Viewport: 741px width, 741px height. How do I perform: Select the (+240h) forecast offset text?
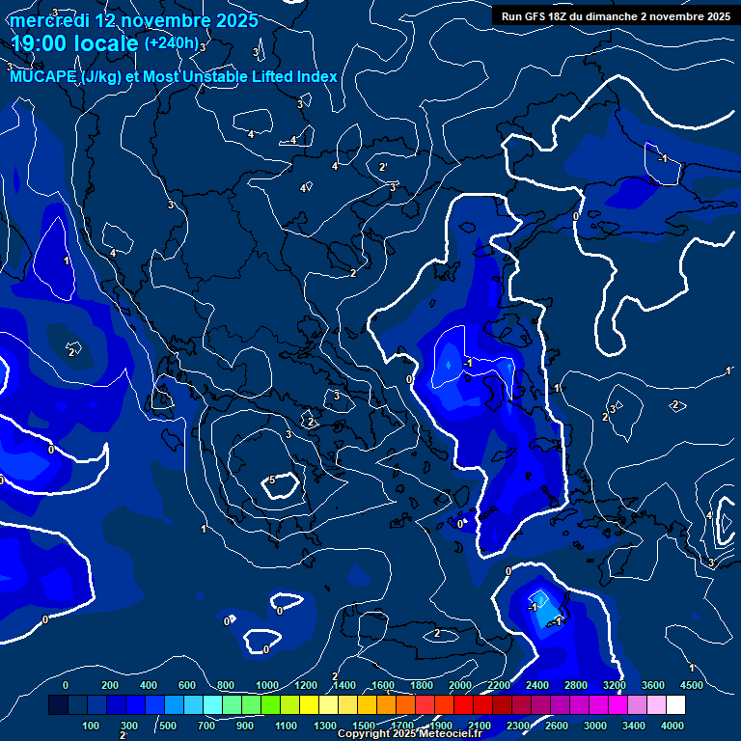pyautogui.click(x=172, y=43)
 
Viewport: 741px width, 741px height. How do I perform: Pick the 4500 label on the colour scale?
pyautogui.click(x=691, y=685)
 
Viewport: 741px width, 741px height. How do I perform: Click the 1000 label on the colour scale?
pyautogui.click(x=267, y=685)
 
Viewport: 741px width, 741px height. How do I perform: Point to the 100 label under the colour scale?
pyautogui.click(x=91, y=726)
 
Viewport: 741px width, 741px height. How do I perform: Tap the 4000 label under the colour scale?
pyautogui.click(x=672, y=726)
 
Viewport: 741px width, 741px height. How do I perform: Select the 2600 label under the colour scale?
pyautogui.click(x=557, y=726)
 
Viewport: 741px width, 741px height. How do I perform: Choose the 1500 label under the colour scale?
pyautogui.click(x=364, y=726)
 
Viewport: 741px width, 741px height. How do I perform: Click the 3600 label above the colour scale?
pyautogui.click(x=653, y=685)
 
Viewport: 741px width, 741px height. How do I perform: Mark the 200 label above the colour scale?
pyautogui.click(x=110, y=685)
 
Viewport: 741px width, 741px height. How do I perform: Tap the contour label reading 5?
pyautogui.click(x=272, y=480)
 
